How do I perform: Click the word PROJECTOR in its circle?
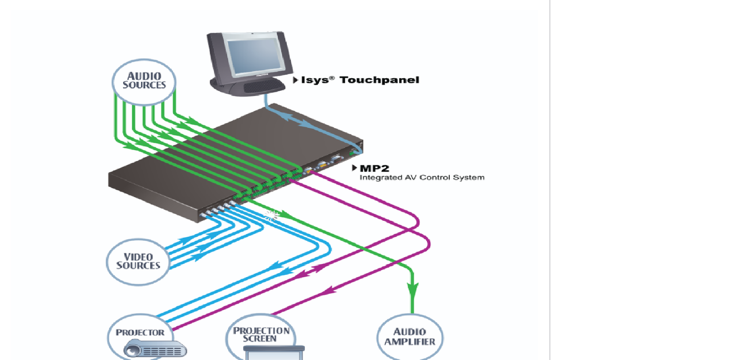click(x=140, y=333)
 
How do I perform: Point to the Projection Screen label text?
click(x=261, y=335)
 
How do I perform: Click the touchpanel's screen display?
click(x=256, y=56)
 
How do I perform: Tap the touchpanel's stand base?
click(x=247, y=87)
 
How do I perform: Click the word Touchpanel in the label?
click(x=379, y=80)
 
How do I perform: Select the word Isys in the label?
click(x=315, y=80)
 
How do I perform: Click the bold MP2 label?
click(x=374, y=168)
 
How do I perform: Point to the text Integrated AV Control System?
click(x=422, y=178)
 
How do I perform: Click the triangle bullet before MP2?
click(x=354, y=168)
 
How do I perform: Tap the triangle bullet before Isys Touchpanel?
click(x=296, y=80)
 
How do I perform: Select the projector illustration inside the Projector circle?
click(x=155, y=348)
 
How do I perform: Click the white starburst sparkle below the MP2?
click(x=271, y=216)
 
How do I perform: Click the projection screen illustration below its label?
click(x=274, y=353)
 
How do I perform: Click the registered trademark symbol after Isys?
click(x=332, y=78)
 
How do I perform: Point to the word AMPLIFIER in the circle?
click(x=410, y=342)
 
